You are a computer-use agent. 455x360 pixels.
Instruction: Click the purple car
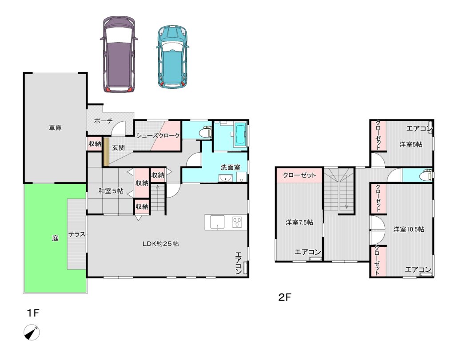coord(119,54)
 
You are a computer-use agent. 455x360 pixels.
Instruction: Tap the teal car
coord(173,56)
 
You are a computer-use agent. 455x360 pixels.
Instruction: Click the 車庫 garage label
coord(55,128)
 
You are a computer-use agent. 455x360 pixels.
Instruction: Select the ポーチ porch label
coord(103,121)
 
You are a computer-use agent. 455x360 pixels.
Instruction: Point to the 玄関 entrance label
coord(118,147)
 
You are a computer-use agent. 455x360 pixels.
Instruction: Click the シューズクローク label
coord(158,135)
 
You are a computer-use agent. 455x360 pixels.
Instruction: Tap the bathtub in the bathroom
coord(240,134)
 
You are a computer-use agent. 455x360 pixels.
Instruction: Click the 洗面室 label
coord(231,167)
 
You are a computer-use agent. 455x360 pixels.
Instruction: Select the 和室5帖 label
coord(111,191)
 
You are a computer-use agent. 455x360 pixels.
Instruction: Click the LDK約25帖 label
coord(160,244)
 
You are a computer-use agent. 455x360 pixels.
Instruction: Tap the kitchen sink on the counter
coord(217,222)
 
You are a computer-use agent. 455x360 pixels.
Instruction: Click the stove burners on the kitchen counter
coord(237,222)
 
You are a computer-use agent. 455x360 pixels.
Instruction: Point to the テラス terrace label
coord(77,234)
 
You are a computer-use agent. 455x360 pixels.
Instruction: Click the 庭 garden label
coord(55,238)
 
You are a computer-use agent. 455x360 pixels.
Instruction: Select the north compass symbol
coord(32,332)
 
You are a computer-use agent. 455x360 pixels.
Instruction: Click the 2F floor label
coord(285,297)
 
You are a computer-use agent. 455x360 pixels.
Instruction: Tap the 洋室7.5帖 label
coord(299,222)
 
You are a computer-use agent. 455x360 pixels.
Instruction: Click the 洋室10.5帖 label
coord(409,229)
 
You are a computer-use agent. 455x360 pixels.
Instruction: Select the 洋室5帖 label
coord(411,144)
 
